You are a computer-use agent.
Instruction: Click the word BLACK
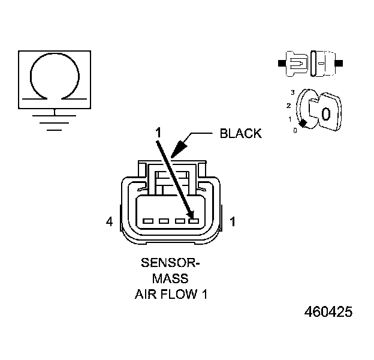(241, 133)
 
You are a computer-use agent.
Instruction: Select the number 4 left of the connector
(109, 223)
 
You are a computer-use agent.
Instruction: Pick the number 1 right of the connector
(233, 223)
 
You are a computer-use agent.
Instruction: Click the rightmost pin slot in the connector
(193, 221)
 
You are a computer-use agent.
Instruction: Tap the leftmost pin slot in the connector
(148, 221)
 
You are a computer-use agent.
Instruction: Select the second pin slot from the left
(163, 221)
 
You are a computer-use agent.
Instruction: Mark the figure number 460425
(328, 313)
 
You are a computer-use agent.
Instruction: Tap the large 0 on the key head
(325, 114)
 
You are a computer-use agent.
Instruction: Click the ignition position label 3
(292, 92)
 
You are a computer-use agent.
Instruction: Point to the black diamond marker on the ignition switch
(304, 124)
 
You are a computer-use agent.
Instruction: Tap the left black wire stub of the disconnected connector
(282, 62)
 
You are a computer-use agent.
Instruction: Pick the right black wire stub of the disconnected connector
(340, 62)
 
